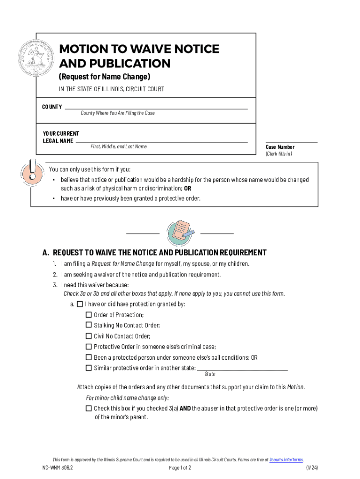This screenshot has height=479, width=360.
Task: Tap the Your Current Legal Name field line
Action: point(161,141)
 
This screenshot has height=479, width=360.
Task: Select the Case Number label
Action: point(280,147)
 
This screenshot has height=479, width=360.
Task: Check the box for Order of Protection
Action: point(89,315)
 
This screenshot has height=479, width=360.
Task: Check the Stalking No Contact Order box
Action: point(89,325)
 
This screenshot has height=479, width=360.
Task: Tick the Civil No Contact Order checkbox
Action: point(89,336)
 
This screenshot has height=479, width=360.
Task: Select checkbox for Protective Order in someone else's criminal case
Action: point(89,347)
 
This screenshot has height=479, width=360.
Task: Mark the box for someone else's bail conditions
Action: point(89,357)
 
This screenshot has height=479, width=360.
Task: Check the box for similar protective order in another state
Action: point(89,368)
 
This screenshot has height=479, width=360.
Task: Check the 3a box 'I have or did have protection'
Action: point(79,304)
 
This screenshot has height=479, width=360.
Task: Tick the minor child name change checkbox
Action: point(89,408)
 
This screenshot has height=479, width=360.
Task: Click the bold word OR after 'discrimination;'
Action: point(187,189)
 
